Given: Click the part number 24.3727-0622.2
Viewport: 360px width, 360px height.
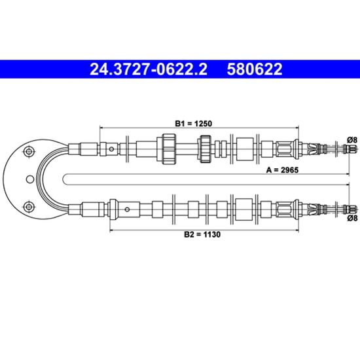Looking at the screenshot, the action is pos(149,69).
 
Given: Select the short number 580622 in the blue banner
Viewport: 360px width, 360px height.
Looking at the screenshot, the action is pos(255,69).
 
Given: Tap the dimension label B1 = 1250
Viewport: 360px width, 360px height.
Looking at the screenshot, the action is pos(194,124).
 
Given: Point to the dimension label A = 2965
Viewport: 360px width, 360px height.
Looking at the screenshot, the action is pos(282,170).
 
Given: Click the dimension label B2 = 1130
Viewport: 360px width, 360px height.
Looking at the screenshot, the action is pos(202,234).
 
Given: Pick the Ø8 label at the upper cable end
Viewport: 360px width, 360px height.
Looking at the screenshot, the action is pos(352,139).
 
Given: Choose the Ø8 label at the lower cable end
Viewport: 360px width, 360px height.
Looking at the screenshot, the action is pos(352,218).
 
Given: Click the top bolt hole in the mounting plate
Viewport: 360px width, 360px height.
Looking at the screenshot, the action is pos(29,151).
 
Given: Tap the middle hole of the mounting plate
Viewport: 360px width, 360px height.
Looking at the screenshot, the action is pos(30,179).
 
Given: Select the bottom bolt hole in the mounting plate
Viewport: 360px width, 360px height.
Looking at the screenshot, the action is pos(29,207).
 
